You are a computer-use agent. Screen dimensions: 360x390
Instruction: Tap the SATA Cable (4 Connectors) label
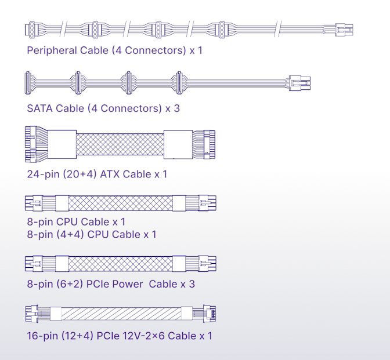tap(103, 108)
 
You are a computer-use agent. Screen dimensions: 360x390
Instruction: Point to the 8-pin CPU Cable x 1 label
tap(76, 222)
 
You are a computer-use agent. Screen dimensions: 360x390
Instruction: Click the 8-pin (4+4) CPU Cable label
tap(91, 234)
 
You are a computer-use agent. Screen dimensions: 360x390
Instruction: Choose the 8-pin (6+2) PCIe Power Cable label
tap(111, 284)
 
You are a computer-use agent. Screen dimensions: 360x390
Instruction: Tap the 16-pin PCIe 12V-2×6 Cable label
tap(120, 336)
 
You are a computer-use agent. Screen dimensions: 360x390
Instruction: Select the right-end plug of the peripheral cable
tap(344, 29)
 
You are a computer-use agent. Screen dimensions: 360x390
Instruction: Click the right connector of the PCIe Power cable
tap(207, 264)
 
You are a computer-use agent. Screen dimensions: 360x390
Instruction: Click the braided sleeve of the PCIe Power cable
tap(120, 264)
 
